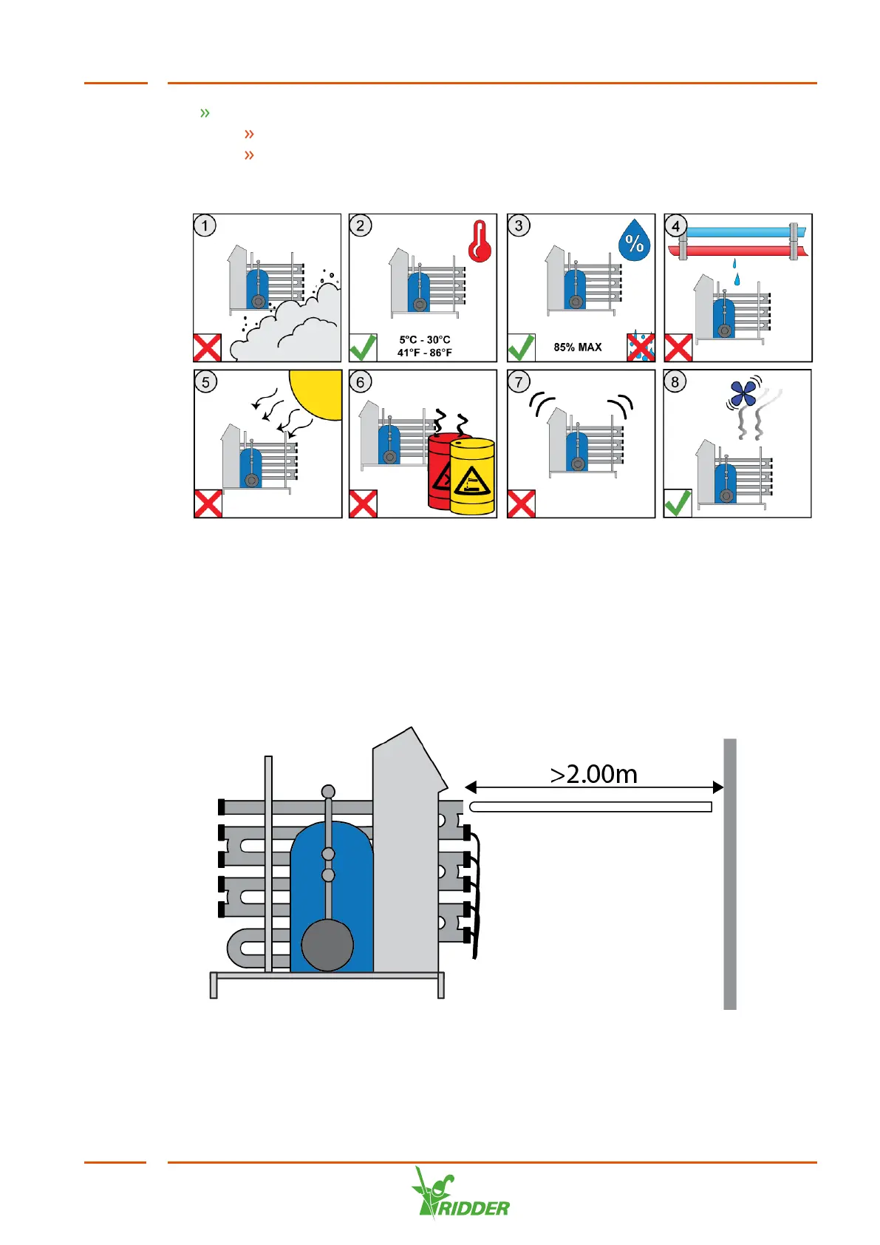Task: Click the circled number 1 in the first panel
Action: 205,225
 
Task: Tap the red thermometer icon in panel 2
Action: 480,242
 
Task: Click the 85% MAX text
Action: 578,347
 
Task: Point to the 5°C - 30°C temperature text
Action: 425,340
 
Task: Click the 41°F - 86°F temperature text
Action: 425,353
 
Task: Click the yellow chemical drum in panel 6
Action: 472,477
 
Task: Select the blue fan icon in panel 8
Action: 743,393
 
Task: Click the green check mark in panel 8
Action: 678,503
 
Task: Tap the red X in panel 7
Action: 521,503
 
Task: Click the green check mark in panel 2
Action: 363,347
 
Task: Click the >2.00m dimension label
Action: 594,774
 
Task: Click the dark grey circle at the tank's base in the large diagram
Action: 327,945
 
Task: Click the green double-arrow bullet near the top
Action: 205,113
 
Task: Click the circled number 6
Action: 361,382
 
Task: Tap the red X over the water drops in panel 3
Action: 641,347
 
